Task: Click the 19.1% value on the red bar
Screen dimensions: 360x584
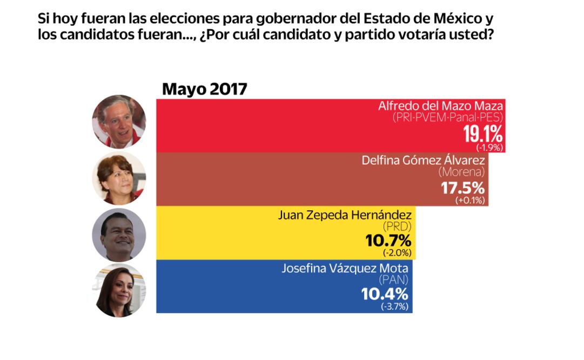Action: point(483,134)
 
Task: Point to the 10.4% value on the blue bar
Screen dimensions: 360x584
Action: point(385,295)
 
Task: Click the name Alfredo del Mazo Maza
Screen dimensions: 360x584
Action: point(440,106)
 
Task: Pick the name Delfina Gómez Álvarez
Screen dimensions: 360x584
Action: point(423,160)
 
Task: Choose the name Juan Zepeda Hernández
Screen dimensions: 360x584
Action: point(345,215)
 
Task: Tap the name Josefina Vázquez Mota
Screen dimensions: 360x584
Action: point(345,268)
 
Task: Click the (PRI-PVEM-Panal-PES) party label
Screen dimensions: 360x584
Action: point(448,117)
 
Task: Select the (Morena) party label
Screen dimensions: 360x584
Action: point(461,172)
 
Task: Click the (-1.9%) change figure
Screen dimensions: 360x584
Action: point(489,147)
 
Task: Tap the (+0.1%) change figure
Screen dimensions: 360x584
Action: point(470,201)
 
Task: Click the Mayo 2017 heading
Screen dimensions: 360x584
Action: point(204,89)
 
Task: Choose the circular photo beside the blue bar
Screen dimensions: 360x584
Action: point(119,290)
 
